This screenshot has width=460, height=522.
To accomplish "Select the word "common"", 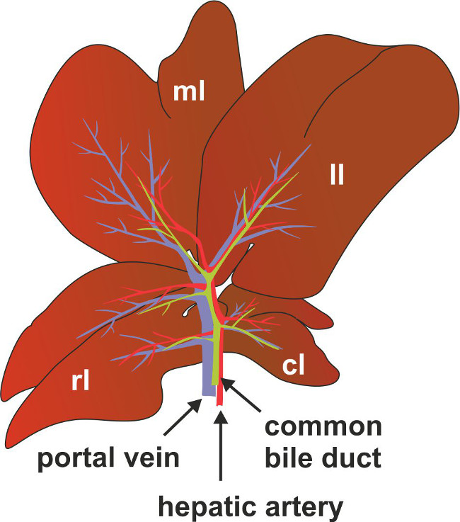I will [x=322, y=427].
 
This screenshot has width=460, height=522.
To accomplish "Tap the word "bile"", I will [x=291, y=458].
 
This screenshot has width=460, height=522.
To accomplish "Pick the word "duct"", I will [x=352, y=458].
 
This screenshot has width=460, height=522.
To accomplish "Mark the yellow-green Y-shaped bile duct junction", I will [x=206, y=272].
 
